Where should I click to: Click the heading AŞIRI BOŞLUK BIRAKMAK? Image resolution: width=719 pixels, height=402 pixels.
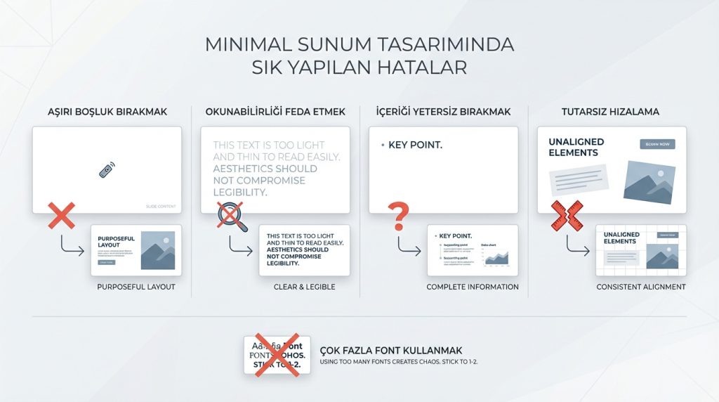click(x=107, y=112)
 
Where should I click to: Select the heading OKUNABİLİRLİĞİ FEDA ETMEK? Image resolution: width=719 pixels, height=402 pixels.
click(x=275, y=112)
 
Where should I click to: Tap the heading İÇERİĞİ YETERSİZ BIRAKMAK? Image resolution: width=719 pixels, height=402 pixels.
click(x=443, y=112)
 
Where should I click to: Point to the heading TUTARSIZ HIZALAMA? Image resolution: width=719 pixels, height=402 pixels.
click(x=610, y=112)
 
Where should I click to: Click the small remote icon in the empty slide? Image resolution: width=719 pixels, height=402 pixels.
click(x=107, y=169)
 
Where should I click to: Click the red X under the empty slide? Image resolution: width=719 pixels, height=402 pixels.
click(x=61, y=215)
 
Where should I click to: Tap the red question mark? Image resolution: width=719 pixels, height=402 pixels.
click(x=397, y=216)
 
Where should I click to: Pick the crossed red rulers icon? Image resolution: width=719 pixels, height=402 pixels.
click(x=566, y=216)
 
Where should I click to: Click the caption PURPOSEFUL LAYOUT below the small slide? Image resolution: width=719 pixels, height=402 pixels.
click(x=136, y=287)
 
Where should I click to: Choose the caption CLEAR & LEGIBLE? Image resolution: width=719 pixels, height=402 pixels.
click(x=304, y=287)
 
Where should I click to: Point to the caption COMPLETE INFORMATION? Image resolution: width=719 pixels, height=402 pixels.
click(x=473, y=287)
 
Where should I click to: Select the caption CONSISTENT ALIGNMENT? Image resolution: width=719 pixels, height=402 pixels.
click(x=641, y=287)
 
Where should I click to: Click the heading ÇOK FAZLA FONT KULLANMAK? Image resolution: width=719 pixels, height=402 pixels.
click(x=391, y=350)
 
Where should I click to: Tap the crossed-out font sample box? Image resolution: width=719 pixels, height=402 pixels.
click(x=277, y=355)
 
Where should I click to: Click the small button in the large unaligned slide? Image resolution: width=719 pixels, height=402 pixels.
click(x=657, y=144)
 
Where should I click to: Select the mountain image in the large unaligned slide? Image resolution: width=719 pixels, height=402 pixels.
click(x=649, y=182)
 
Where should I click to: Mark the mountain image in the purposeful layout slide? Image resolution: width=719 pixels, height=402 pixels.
click(x=157, y=250)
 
